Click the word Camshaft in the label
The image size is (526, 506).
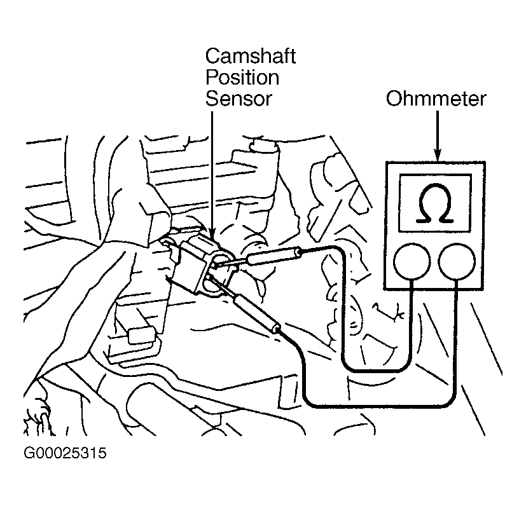pyautogui.click(x=250, y=57)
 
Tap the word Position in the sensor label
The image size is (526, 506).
pyautogui.click(x=242, y=78)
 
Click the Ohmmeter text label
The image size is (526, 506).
pyautogui.click(x=436, y=99)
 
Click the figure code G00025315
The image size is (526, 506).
pyautogui.click(x=65, y=454)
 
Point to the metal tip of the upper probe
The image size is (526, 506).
pyautogui.click(x=232, y=263)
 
